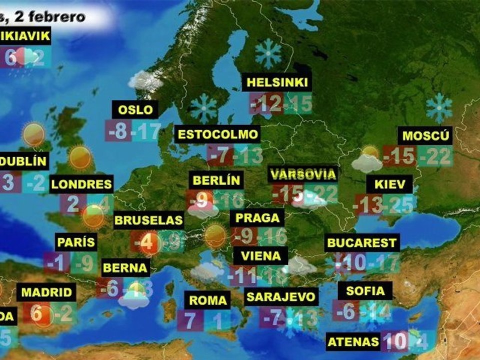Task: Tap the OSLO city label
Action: point(135,109)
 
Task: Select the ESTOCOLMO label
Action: point(218,134)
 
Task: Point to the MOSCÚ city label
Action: point(426,135)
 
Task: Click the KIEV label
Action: point(390,184)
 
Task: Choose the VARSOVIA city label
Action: point(303,174)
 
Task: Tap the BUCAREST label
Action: point(361,243)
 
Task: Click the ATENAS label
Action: point(353,342)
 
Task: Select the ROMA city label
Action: point(208,300)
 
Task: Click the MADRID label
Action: point(47,292)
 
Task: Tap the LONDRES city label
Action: point(81,184)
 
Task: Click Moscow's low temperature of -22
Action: point(435,156)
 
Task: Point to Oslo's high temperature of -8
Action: point(118,131)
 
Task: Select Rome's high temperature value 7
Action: point(190,320)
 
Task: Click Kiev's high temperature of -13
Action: point(369,205)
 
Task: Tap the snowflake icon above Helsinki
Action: point(268,53)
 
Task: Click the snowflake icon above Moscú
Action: point(439,107)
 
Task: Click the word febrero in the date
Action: point(56,16)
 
